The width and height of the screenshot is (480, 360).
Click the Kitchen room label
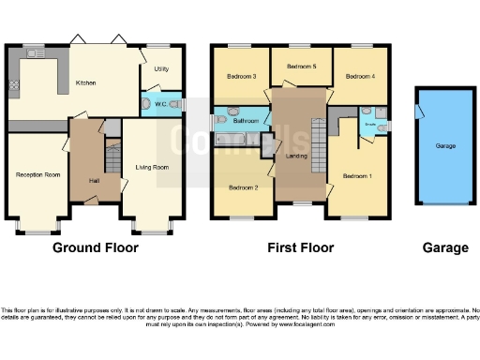click(86, 82)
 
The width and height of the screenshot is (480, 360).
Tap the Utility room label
click(160, 69)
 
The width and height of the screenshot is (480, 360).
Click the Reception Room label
click(37, 174)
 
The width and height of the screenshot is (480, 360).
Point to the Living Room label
click(152, 167)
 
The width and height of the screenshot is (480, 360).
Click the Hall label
click(94, 181)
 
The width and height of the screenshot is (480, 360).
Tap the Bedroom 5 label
click(301, 67)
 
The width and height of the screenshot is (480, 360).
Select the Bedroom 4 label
click(360, 76)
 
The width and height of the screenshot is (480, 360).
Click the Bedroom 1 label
click(356, 176)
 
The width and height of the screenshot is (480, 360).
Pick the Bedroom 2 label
click(242, 187)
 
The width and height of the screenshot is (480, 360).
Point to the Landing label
click(297, 156)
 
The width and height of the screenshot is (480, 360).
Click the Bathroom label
click(246, 121)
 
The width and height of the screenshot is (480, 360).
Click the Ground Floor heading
click(95, 247)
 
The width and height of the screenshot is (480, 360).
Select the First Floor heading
click(300, 247)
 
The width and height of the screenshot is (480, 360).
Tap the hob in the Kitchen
click(15, 85)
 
